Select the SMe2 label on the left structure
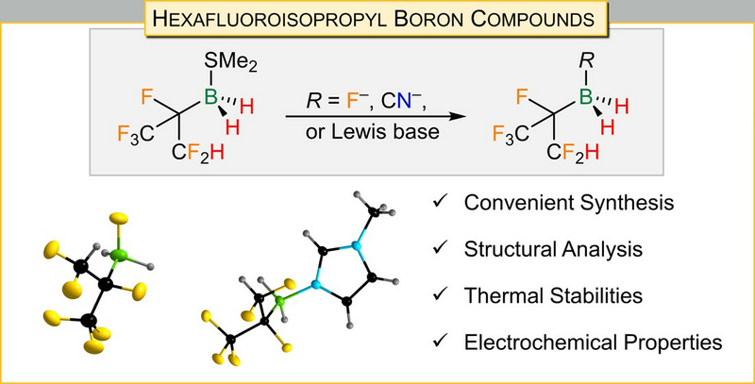tap(230, 62)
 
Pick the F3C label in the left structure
tap(135, 133)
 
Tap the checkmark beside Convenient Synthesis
tap(441, 202)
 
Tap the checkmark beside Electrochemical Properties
tap(441, 342)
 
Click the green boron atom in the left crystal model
tap(119, 256)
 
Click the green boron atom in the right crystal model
tap(279, 302)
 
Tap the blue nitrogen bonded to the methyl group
tap(356, 246)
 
